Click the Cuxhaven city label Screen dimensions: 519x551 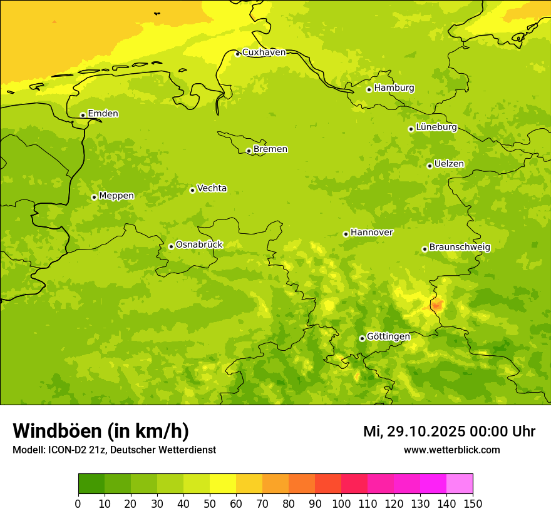264,53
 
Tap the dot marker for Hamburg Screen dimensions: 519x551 369,89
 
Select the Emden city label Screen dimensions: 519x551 103,114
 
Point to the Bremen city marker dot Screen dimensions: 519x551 249,151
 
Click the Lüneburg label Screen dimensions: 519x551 436,127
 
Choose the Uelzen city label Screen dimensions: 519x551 449,164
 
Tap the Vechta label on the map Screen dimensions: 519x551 212,188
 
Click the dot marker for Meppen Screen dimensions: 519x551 94,197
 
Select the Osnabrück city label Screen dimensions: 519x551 199,244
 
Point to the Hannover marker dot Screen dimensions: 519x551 346,234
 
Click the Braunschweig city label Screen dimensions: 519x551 460,247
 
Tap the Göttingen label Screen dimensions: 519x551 388,336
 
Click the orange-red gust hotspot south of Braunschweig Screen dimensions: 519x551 436,305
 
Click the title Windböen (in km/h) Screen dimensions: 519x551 101,431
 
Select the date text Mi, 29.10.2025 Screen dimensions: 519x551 414,431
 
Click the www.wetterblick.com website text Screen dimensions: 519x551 451,450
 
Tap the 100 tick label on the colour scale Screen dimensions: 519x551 341,503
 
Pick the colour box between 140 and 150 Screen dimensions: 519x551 460,484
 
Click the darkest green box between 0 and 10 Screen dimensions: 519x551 91,484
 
